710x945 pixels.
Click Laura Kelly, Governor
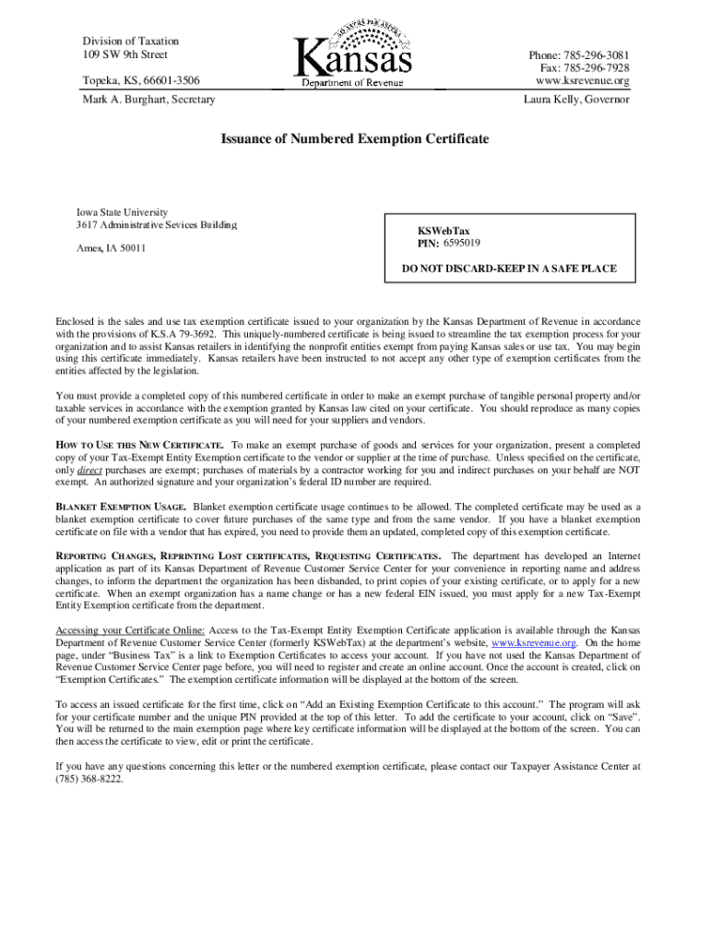[x=576, y=99]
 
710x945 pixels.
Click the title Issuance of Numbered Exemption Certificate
[x=354, y=139]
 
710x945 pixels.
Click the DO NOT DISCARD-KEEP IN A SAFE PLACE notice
[x=509, y=269]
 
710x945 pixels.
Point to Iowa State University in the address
[x=121, y=212]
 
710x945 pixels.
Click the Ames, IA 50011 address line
[x=111, y=248]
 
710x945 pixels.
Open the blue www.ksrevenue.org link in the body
[x=534, y=642]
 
